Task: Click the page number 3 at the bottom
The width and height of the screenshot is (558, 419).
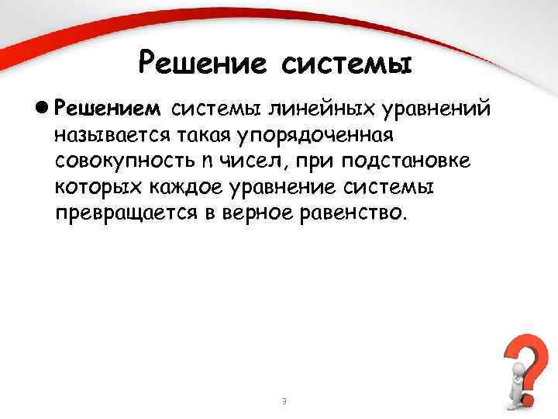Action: pyautogui.click(x=284, y=400)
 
